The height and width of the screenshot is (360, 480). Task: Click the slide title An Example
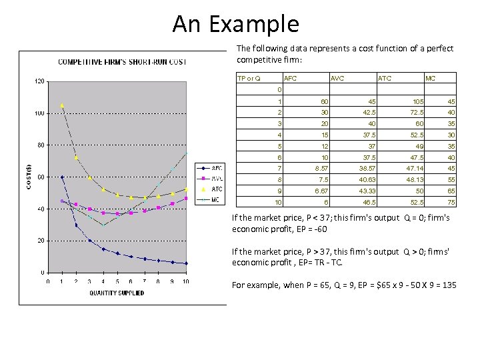point(236,24)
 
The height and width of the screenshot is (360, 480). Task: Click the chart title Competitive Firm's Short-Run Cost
point(122,62)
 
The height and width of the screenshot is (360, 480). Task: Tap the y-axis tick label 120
point(39,81)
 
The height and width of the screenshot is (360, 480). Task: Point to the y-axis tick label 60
point(41,177)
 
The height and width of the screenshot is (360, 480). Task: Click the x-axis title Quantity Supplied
point(117,293)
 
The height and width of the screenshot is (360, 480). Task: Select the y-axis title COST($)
point(28,177)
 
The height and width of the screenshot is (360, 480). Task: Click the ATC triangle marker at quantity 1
point(62,105)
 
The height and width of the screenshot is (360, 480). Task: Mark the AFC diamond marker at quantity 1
point(62,177)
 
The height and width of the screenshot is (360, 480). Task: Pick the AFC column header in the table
point(291,79)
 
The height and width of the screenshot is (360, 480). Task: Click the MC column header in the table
point(431,79)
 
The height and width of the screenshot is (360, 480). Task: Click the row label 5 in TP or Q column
point(280,146)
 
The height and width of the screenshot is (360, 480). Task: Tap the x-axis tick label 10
point(186,282)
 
